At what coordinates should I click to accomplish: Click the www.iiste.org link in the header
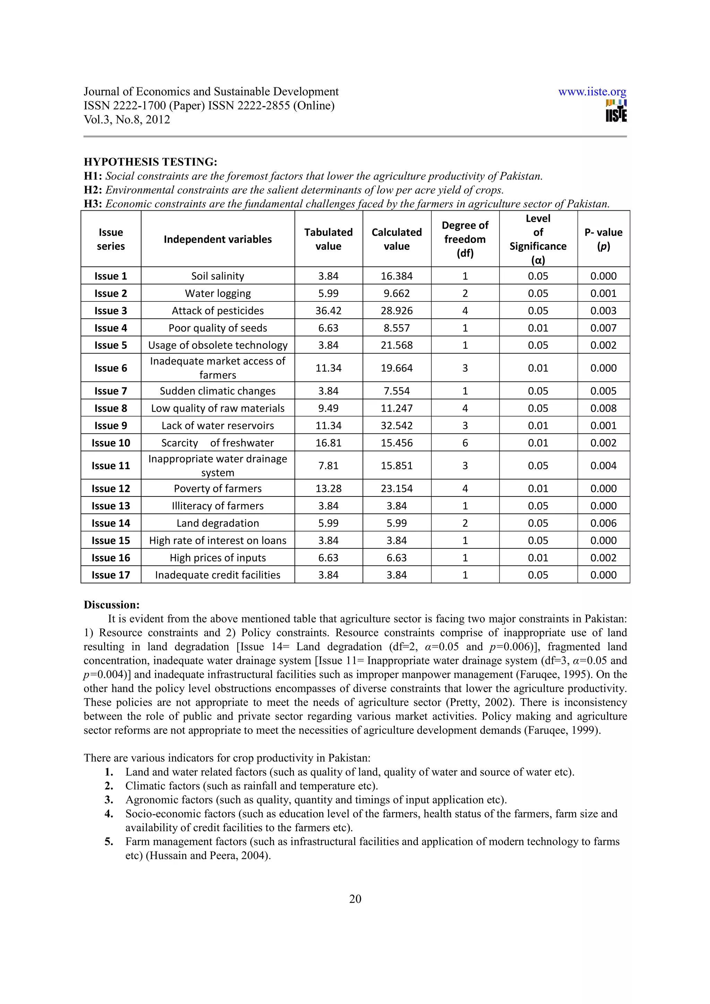click(x=592, y=92)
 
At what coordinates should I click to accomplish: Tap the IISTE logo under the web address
click(x=616, y=111)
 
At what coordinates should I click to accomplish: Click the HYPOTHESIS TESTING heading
click(x=150, y=162)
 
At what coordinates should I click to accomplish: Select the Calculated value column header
click(x=396, y=239)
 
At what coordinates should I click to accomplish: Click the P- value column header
click(x=603, y=239)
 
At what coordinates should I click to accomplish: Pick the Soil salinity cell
click(x=217, y=276)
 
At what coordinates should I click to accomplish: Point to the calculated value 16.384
click(x=396, y=276)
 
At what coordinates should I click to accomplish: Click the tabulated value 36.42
click(x=328, y=310)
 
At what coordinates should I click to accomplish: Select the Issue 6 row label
click(x=111, y=368)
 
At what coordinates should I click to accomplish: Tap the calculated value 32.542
click(x=396, y=425)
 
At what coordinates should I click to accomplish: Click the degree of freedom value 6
click(x=465, y=443)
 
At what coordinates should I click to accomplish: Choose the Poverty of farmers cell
click(x=217, y=488)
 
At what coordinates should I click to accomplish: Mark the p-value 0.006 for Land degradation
click(x=603, y=523)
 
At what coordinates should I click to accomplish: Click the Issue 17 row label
click(x=111, y=575)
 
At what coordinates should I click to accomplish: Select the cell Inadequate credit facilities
click(x=217, y=575)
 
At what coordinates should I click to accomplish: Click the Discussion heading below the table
click(x=112, y=605)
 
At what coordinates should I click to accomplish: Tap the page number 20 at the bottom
click(x=355, y=899)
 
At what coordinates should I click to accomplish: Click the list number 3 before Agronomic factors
click(x=109, y=800)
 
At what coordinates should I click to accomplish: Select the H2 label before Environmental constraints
click(x=93, y=190)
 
